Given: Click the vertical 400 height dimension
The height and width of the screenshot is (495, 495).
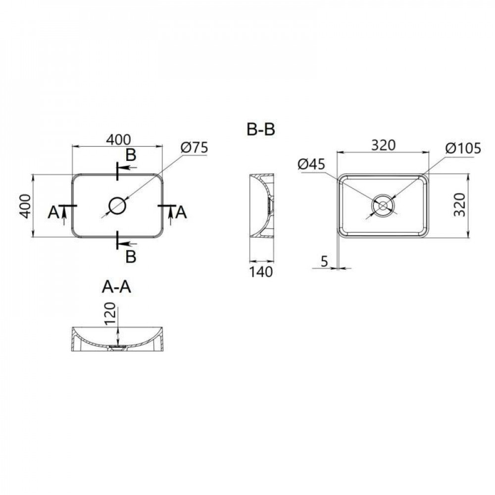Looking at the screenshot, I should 26,205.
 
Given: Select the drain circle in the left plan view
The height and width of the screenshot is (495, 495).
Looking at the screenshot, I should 118,205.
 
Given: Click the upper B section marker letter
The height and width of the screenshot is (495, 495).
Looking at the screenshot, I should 131,155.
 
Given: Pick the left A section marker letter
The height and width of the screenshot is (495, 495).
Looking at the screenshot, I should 53,212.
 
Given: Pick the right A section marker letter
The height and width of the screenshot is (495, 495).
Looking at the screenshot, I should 181,212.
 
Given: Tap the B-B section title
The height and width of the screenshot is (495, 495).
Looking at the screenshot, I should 261,130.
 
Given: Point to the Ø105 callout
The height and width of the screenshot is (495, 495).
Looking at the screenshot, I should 462,148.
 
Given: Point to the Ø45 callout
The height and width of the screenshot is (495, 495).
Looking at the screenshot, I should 312,164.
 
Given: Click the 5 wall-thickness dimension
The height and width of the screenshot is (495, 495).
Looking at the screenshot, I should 325,262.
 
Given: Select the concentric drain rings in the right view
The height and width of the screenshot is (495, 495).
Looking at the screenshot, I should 383,205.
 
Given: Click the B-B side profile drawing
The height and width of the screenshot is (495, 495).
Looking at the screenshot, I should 261,205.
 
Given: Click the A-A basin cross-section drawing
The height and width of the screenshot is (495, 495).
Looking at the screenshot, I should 118,340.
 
